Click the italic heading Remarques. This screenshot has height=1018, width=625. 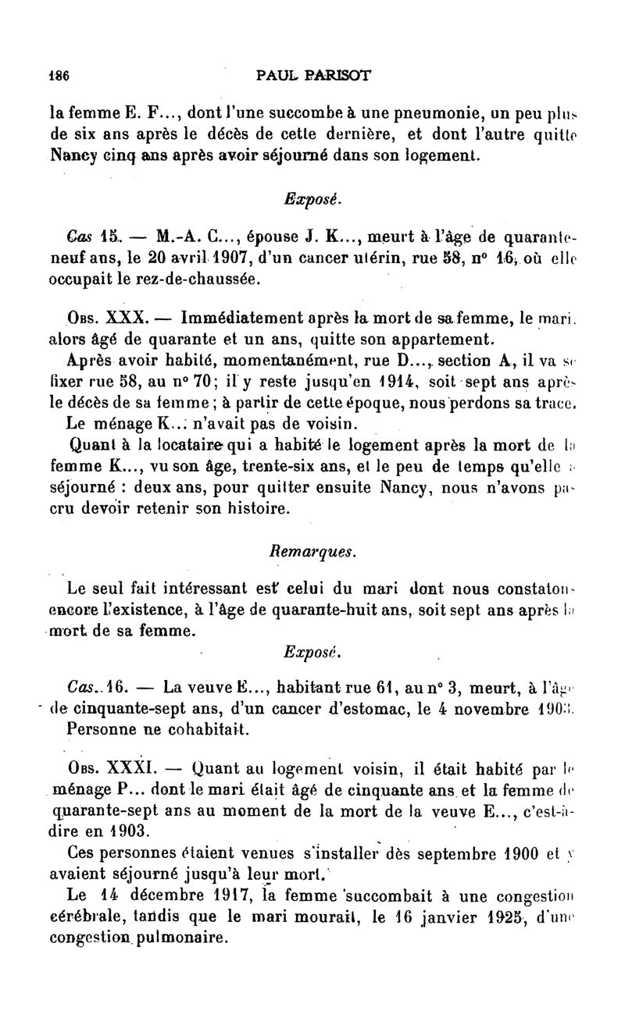[312, 551]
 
